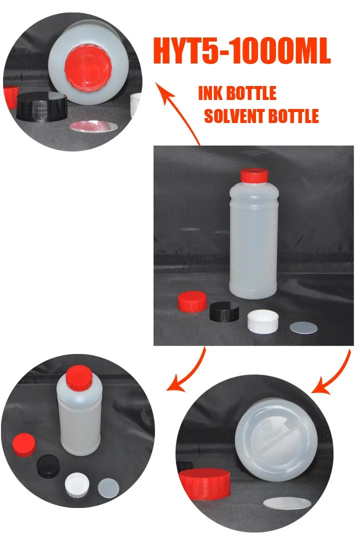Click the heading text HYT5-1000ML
pyautogui.click(x=242, y=51)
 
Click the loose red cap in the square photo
pyautogui.click(x=192, y=301)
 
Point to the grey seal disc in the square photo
pyautogui.click(x=303, y=327)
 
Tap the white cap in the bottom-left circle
pyautogui.click(x=77, y=485)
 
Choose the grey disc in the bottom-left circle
pyautogui.click(x=108, y=487)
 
